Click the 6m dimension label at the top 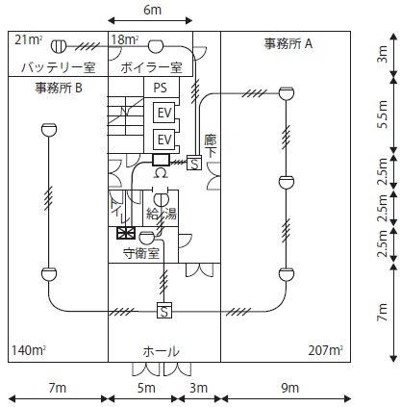(152, 10)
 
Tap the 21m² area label (29, 40)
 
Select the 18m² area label (125, 39)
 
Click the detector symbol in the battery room (59, 46)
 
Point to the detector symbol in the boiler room (156, 46)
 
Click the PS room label (161, 88)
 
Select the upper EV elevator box (164, 113)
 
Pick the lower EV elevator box (164, 140)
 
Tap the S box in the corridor (194, 163)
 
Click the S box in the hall (164, 310)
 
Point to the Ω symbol (161, 173)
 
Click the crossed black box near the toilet (126, 233)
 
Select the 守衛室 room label (141, 254)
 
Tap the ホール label (161, 351)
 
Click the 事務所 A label (288, 43)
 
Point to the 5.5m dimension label (383, 114)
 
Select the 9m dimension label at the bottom (290, 388)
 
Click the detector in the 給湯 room (162, 200)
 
